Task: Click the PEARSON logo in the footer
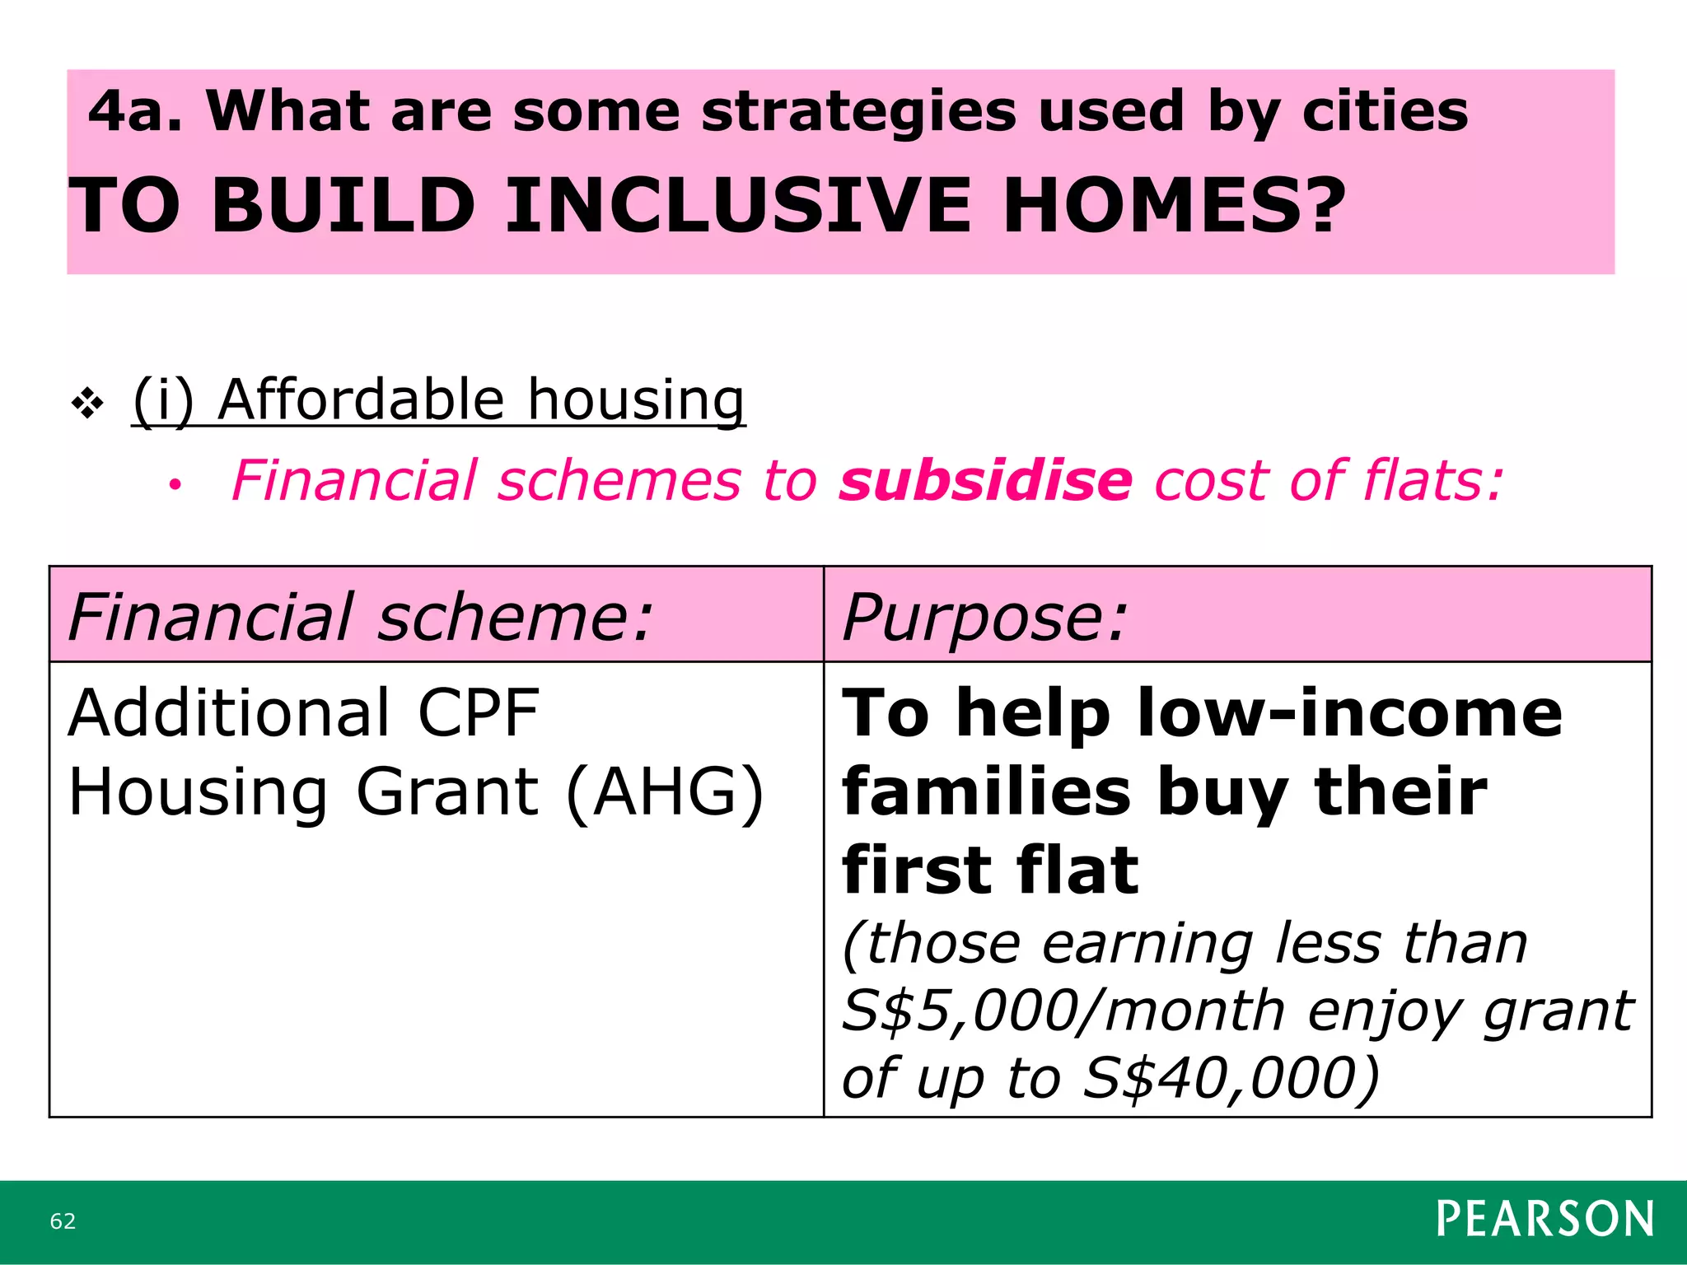(1544, 1219)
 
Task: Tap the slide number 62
(63, 1221)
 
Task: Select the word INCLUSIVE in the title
(737, 205)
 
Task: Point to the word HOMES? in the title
(1174, 205)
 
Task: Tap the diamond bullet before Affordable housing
(87, 404)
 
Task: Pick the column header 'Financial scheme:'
(360, 617)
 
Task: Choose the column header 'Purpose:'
(984, 617)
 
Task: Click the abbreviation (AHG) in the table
(665, 792)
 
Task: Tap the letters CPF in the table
(478, 713)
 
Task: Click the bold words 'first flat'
(990, 871)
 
